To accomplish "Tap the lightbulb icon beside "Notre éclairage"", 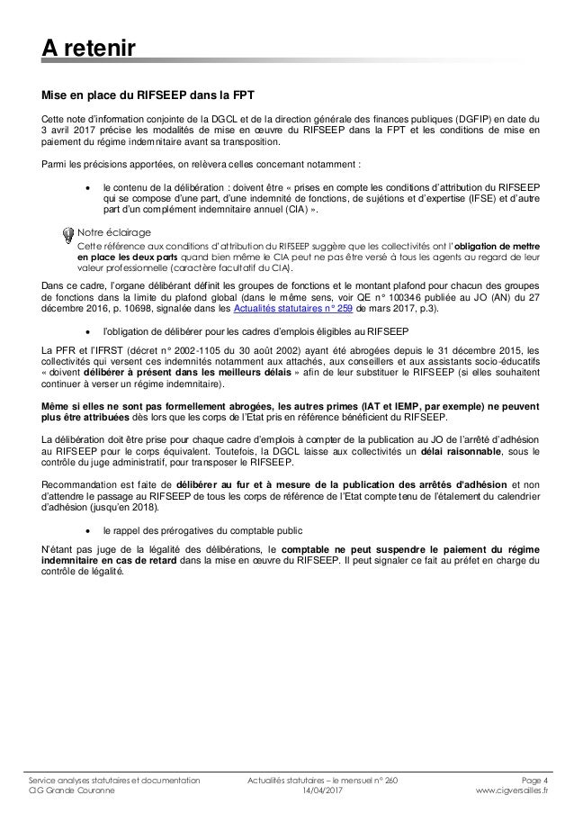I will pos(68,236).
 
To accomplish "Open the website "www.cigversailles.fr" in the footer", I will pos(515,793).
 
